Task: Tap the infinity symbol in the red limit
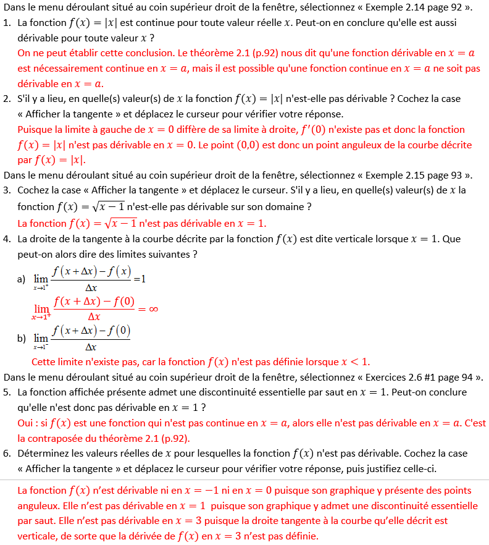pos(154,309)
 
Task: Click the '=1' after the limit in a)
pos(140,279)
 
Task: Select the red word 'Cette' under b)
pos(43,361)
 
